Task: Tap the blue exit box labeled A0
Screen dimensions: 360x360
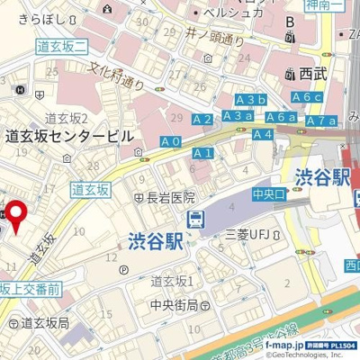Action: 171,142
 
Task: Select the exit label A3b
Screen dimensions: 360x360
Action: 251,99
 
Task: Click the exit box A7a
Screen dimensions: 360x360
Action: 321,121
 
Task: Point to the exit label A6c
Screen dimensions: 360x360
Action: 307,97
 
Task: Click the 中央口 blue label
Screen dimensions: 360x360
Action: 268,193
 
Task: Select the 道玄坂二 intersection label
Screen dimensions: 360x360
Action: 61,46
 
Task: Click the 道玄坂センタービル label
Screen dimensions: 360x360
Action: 69,136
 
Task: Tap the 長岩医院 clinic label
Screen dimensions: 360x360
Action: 165,197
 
